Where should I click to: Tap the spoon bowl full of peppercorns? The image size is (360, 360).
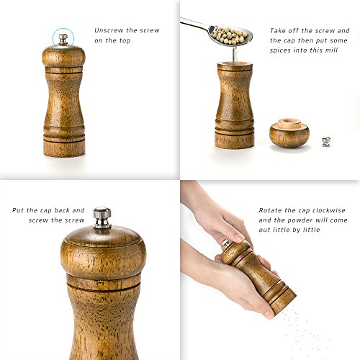(230, 33)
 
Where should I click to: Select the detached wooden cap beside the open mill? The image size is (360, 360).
(289, 134)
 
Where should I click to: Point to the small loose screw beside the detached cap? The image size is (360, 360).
(325, 141)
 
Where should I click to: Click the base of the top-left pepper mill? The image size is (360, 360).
(64, 148)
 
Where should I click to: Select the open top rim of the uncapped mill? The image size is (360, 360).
(234, 64)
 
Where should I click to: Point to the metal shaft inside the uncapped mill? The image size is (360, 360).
(235, 54)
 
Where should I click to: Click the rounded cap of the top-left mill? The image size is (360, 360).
(63, 56)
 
